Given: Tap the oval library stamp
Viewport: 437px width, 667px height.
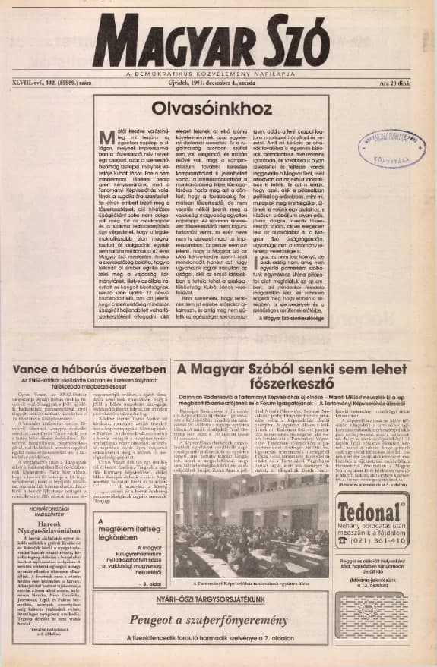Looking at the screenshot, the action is point(392,148).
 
